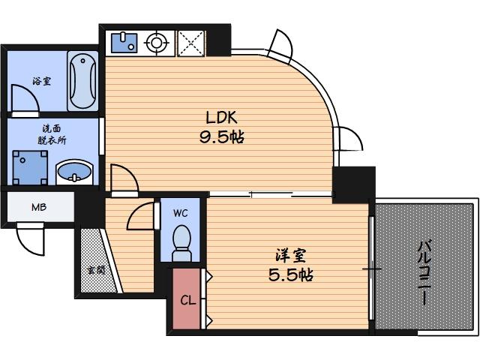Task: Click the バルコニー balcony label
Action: tap(424, 270)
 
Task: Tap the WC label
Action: tap(180, 213)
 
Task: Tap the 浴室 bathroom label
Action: tap(41, 81)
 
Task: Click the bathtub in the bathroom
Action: tap(82, 79)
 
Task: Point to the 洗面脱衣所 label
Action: tap(52, 133)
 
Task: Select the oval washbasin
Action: tap(74, 173)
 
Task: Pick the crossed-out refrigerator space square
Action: tap(191, 43)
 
